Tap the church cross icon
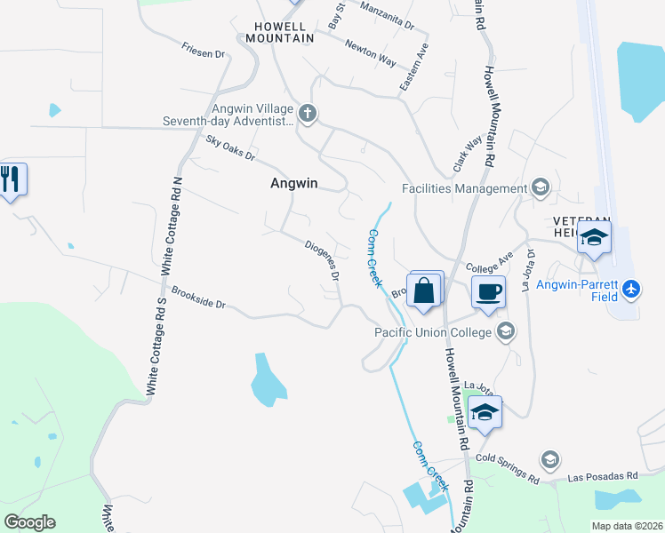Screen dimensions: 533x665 (308, 113)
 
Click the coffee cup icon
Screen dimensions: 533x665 (488, 290)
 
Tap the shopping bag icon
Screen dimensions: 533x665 (425, 290)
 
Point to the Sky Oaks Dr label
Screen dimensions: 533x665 (229, 148)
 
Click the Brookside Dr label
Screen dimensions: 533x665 (199, 298)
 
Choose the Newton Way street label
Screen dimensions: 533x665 (370, 53)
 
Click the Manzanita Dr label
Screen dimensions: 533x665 (388, 15)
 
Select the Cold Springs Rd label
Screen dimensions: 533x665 (508, 469)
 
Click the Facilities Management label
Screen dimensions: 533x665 (465, 188)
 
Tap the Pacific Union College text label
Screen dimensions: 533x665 (433, 332)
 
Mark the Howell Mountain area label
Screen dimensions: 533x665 (279, 32)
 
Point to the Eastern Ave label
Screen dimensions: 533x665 (414, 67)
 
